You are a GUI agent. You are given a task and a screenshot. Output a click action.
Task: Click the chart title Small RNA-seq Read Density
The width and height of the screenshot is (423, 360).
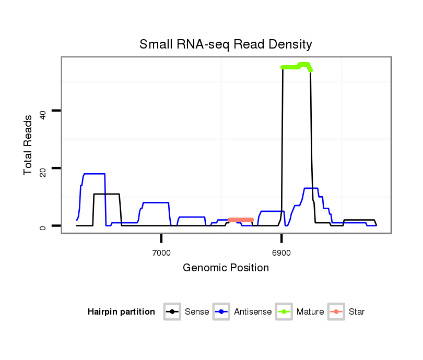(x=226, y=44)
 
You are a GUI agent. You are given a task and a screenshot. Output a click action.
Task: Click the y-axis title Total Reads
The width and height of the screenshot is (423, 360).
(x=28, y=145)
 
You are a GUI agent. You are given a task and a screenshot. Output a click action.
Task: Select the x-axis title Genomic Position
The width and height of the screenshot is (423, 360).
(x=226, y=268)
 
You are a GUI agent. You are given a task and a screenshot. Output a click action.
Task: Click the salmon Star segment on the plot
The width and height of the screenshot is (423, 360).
(x=241, y=220)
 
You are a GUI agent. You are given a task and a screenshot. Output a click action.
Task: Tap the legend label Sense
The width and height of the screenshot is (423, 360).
(x=196, y=312)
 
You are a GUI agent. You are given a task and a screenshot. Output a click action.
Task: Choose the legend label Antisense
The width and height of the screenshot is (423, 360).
(x=253, y=312)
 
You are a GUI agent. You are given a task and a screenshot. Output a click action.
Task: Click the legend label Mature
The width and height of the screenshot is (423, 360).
(x=310, y=312)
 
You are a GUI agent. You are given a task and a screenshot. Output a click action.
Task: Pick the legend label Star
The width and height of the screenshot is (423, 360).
(x=356, y=312)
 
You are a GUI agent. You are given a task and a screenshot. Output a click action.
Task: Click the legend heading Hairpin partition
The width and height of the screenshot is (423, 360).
(x=121, y=312)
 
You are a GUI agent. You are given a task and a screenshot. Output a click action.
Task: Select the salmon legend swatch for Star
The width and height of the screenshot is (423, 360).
(x=337, y=312)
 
